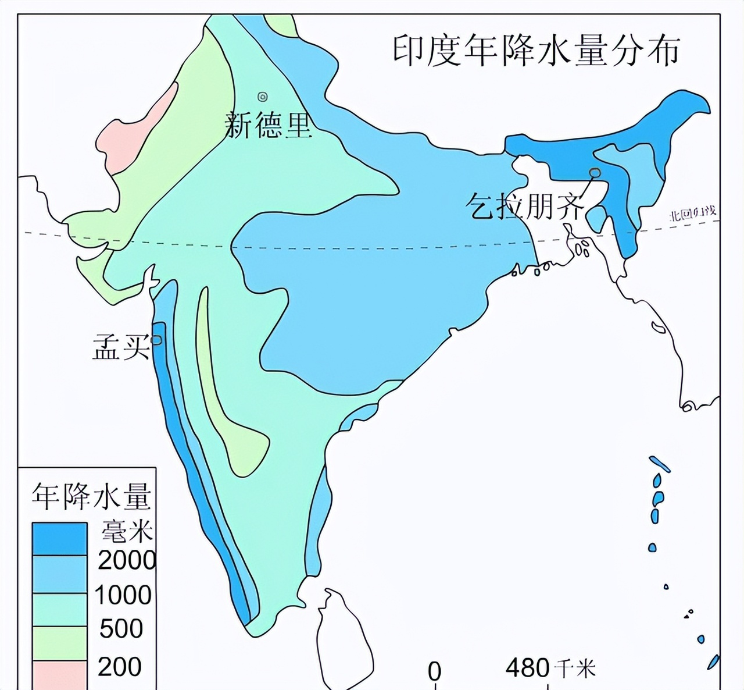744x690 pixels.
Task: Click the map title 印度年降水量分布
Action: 536,51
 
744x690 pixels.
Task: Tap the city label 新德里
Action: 269,125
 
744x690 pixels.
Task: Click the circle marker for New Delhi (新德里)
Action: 263,97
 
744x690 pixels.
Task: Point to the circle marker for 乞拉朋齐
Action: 595,173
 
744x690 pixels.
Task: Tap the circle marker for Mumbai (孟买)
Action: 156,340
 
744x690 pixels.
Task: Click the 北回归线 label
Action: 692,214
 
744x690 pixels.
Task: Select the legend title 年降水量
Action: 91,496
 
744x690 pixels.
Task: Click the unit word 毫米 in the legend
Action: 127,531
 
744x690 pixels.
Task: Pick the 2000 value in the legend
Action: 127,560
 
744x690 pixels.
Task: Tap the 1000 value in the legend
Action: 123,595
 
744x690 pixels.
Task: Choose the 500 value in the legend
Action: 121,629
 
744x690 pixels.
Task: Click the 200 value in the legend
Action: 120,667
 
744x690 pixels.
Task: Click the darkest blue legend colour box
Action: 59,538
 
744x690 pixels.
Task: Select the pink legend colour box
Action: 59,675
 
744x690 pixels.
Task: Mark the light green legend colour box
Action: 59,642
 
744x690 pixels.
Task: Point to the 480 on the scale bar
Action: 527,668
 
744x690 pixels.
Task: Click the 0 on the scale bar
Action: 434,671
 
